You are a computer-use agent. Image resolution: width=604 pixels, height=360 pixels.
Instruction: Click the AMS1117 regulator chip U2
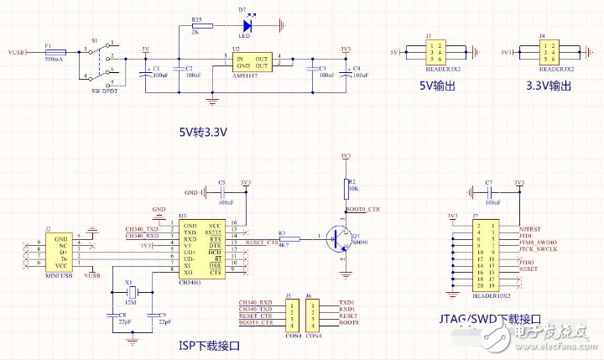point(253,65)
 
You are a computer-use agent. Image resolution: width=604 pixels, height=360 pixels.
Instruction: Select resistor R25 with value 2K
point(196,26)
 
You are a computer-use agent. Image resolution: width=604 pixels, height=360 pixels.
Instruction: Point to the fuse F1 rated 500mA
point(54,52)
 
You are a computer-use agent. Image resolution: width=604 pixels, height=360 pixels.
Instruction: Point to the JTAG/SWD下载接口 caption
point(491,320)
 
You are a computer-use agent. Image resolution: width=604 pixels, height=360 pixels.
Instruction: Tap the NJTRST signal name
point(532,228)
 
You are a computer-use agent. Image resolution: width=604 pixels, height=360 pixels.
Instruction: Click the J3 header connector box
point(435,53)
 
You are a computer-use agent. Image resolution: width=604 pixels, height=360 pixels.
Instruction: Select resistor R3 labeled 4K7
point(282,238)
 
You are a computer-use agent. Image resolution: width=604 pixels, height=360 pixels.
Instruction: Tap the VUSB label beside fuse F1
point(17,52)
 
